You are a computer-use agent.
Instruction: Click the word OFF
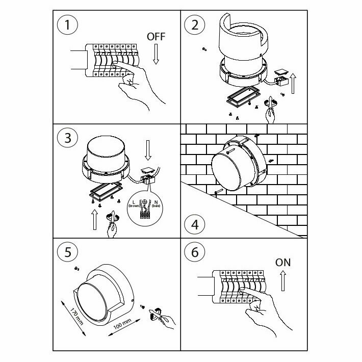point(156,37)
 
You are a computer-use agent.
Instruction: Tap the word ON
point(283,263)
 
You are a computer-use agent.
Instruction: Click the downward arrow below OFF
point(156,55)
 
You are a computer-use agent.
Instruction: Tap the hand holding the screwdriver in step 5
point(165,320)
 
